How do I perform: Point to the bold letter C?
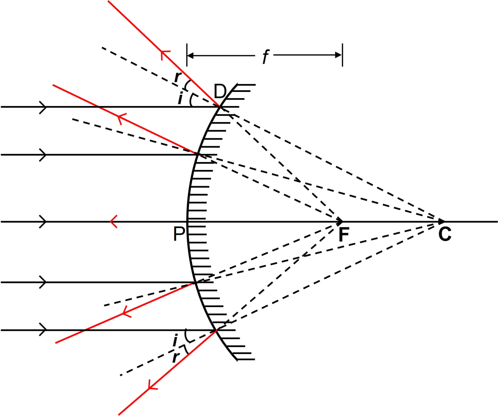pyautogui.click(x=445, y=235)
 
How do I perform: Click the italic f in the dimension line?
pyautogui.click(x=264, y=57)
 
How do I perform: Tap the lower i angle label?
pyautogui.click(x=176, y=341)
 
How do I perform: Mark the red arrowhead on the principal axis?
pyautogui.click(x=113, y=222)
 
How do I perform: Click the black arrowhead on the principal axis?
pyautogui.click(x=43, y=222)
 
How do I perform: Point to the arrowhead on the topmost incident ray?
pyautogui.click(x=43, y=107)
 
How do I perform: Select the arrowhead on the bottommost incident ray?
pyautogui.click(x=43, y=330)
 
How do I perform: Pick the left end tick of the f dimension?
pyautogui.click(x=187, y=54)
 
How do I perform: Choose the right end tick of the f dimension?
pyautogui.click(x=342, y=54)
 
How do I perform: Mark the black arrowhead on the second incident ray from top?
pyautogui.click(x=43, y=155)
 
